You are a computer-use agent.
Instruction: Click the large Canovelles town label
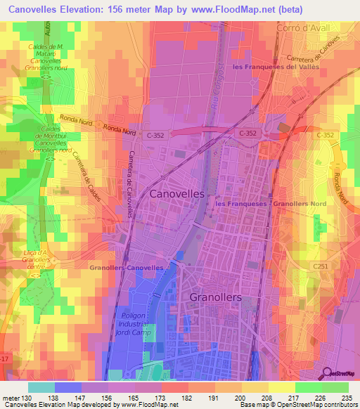point(177,193)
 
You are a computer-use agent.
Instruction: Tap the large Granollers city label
point(216,297)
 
